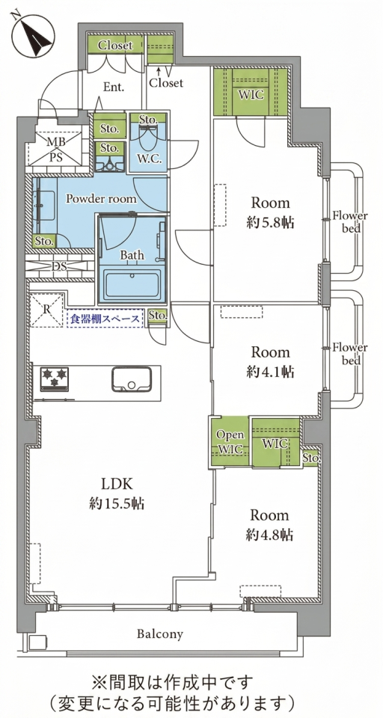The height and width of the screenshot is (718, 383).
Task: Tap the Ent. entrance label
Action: click(x=114, y=88)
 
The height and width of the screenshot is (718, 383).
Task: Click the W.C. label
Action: click(x=148, y=159)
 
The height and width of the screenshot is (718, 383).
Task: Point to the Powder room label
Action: click(x=101, y=199)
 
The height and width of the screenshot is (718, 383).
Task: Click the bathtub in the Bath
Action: click(x=132, y=285)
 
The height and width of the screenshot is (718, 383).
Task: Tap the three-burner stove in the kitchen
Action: click(x=55, y=378)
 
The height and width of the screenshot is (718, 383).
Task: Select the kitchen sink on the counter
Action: click(x=132, y=380)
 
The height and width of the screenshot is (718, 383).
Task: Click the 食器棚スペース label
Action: click(x=105, y=319)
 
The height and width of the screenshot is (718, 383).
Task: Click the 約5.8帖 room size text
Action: click(x=270, y=224)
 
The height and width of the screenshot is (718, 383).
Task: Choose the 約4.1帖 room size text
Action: click(x=270, y=372)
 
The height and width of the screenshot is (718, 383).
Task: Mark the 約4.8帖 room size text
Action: click(x=270, y=535)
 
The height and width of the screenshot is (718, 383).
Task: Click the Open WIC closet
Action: click(x=230, y=442)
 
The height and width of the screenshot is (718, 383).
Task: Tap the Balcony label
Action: click(x=160, y=634)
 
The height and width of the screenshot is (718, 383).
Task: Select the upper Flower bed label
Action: click(x=350, y=221)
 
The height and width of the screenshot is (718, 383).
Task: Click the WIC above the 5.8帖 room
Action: click(x=251, y=91)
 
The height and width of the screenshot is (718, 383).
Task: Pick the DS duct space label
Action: click(x=58, y=266)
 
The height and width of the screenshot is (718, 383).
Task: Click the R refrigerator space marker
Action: click(x=46, y=310)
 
